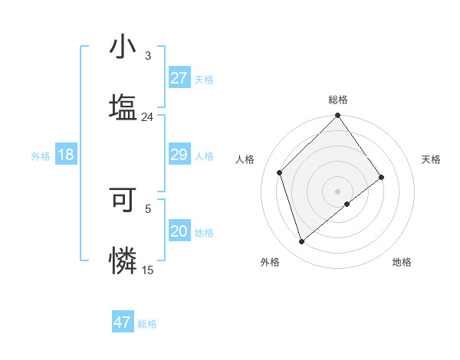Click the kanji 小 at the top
(x=123, y=47)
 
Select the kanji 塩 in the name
(x=123, y=106)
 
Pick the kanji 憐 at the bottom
(x=123, y=259)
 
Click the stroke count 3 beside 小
(x=147, y=56)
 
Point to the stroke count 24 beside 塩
(x=147, y=117)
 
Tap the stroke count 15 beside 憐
(x=147, y=270)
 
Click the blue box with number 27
(x=179, y=78)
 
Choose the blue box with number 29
(x=179, y=155)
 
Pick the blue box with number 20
(x=179, y=231)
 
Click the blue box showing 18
(x=66, y=155)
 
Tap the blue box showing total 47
(x=123, y=322)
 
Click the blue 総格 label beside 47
(x=147, y=324)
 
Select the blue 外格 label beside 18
(x=41, y=156)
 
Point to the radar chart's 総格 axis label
(x=338, y=100)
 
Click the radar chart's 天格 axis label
(x=431, y=159)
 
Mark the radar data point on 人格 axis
(x=280, y=172)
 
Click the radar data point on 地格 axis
(x=347, y=204)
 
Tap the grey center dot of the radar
(x=338, y=190)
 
